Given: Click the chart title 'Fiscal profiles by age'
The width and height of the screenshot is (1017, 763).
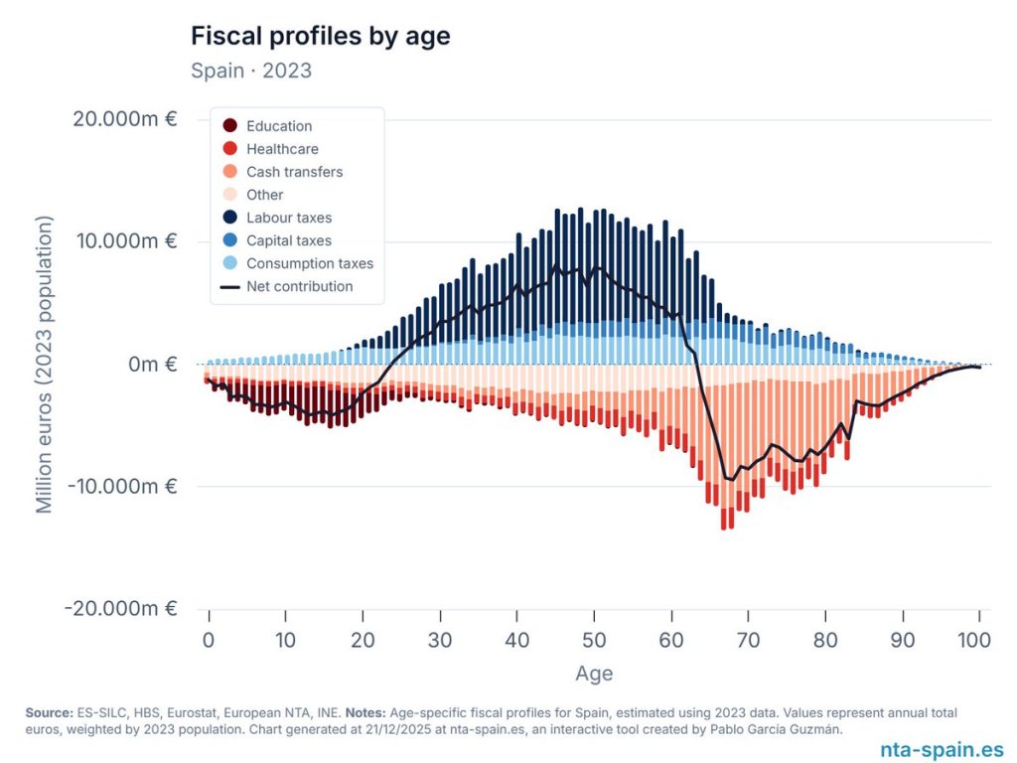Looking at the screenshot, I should click(320, 37).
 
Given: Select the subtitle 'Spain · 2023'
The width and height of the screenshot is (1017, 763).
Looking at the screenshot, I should click(250, 71).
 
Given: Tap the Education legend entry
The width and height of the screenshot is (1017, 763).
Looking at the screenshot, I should click(278, 126).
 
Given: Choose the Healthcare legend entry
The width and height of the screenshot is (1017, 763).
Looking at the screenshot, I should click(282, 149).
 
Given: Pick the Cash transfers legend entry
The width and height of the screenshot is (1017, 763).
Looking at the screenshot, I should click(294, 172).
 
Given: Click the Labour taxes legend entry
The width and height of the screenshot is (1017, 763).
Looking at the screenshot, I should click(288, 218).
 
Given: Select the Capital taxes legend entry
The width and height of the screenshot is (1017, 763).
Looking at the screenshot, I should click(288, 240).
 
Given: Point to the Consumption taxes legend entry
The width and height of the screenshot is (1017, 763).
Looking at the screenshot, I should click(309, 263).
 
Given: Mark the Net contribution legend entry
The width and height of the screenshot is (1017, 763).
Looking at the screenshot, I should click(299, 286).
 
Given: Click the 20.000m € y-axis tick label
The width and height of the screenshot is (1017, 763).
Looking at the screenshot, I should click(125, 119).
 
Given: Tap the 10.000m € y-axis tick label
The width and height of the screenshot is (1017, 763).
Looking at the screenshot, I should click(125, 241).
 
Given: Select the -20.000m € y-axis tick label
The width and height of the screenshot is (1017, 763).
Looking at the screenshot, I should click(121, 608).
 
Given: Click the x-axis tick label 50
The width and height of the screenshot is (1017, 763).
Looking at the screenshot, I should click(594, 641).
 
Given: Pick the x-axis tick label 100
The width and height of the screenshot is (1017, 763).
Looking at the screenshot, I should click(979, 641).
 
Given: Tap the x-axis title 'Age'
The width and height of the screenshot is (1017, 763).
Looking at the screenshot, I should click(594, 674).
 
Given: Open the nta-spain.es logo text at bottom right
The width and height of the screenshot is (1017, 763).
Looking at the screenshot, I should click(942, 750).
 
